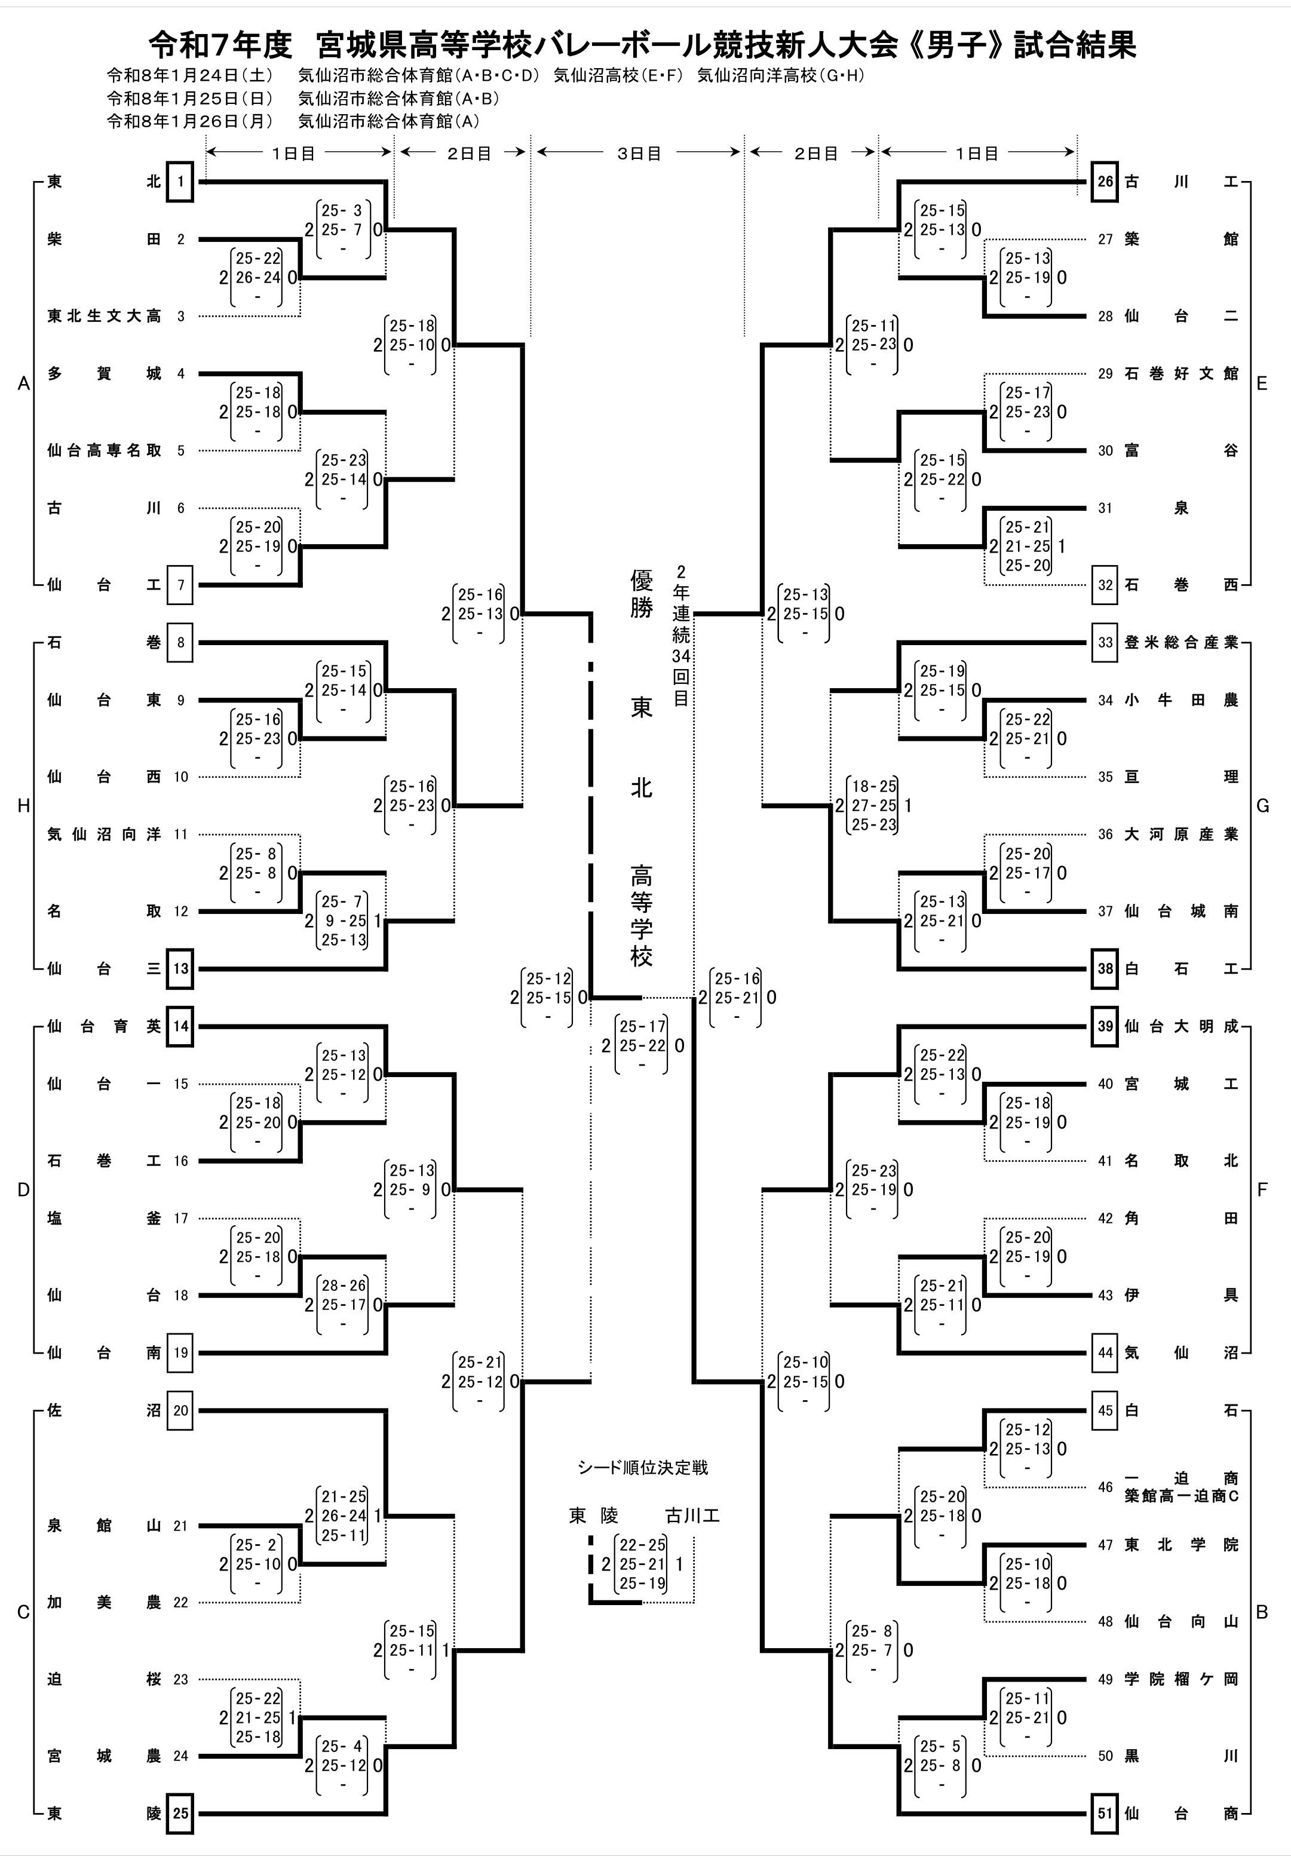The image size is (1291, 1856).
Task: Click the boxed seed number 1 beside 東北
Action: coord(179,182)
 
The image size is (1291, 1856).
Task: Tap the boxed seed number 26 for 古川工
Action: coord(1105,182)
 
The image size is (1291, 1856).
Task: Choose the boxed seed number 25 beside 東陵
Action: coord(179,1813)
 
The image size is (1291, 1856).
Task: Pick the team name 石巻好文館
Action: coord(1181,373)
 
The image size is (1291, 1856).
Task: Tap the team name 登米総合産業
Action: coord(1181,643)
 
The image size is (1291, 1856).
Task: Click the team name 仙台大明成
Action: coord(1181,1027)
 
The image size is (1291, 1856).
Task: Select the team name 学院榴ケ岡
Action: coord(1181,1679)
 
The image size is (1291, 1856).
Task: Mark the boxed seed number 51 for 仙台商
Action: coord(1105,1813)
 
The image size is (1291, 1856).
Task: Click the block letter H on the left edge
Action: coord(23,806)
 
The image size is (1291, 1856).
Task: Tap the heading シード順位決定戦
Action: coord(643,1467)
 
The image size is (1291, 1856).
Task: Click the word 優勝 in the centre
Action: coord(641,594)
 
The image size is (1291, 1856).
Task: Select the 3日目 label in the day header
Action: coord(639,153)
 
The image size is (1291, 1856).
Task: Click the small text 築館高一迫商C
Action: coord(1181,1496)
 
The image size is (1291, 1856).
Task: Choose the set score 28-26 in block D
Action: coord(344,1286)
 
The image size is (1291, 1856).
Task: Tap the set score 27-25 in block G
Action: coord(874,806)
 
